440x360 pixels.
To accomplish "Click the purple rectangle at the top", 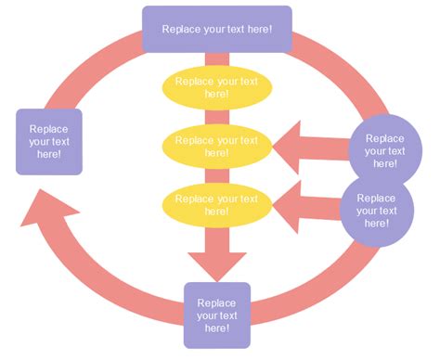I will [216, 29].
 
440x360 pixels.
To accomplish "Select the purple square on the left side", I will [49, 142].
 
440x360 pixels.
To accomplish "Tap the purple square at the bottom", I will [216, 315].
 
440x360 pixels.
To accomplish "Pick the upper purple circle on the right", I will [384, 148].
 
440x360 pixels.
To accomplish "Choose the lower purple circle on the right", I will [375, 210].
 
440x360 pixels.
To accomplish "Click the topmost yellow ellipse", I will [216, 87].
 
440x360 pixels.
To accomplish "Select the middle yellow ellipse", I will [216, 146].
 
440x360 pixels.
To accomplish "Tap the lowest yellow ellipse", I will [216, 204].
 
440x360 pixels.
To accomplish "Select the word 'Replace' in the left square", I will [48, 129].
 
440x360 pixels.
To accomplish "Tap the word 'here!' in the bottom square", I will [216, 328].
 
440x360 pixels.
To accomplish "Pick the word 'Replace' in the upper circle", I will [384, 136].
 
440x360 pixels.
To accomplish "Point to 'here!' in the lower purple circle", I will [375, 224].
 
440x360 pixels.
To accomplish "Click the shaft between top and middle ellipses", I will [216, 116].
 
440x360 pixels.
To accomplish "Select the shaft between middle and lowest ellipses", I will [216, 175].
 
